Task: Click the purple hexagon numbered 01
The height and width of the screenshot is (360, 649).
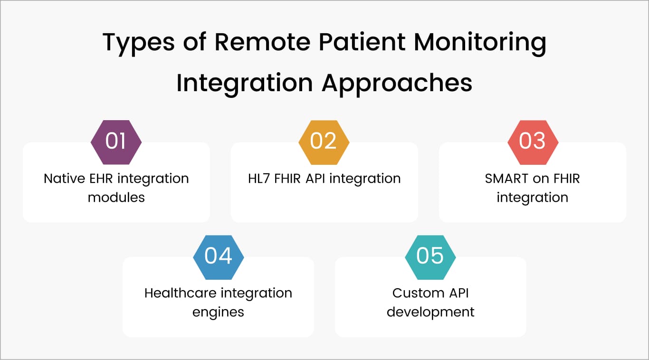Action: (116, 142)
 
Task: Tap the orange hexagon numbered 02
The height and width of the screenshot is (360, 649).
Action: (324, 142)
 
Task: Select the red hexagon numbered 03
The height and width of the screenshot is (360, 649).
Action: (533, 142)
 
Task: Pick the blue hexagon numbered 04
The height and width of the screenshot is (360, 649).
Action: (219, 256)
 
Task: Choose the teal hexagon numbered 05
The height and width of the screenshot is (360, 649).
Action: (430, 256)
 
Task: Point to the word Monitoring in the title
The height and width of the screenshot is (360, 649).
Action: (480, 43)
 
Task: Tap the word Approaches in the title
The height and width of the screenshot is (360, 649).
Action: (397, 83)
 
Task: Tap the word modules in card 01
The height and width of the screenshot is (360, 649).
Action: (116, 197)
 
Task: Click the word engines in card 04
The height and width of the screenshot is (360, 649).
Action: (218, 312)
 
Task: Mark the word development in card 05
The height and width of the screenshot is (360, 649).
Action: (430, 312)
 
